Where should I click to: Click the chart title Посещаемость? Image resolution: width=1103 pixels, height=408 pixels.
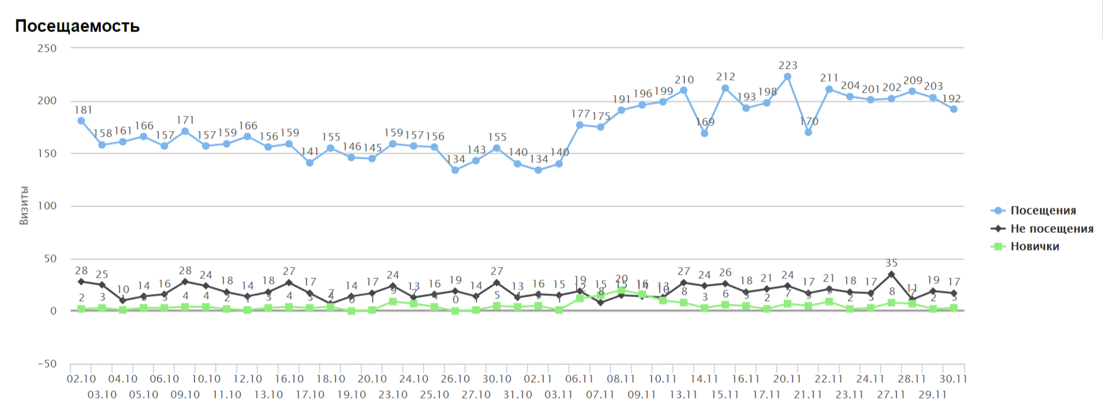point(77,26)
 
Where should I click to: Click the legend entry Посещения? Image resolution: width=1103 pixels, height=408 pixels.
point(1043,211)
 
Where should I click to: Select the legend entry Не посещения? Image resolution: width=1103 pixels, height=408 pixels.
point(1051,229)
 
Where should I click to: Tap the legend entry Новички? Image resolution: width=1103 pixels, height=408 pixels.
point(1034,246)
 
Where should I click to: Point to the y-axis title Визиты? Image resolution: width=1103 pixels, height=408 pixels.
point(24,205)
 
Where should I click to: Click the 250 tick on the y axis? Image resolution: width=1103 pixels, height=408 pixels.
point(47,48)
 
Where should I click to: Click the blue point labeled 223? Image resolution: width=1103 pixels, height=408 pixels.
point(788,77)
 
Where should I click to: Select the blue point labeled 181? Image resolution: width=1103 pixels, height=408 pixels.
point(81,121)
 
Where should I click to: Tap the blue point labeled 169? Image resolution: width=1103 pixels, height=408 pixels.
point(704,133)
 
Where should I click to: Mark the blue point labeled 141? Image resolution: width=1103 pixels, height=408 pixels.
point(310,162)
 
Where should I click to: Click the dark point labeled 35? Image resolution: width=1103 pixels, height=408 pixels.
point(891,275)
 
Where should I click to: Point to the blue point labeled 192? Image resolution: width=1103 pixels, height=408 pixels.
point(954,109)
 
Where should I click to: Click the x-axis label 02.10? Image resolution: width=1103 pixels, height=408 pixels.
point(81,379)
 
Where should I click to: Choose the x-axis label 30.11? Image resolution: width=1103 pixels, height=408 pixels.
point(954,379)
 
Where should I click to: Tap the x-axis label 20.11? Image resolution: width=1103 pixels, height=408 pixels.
point(788,379)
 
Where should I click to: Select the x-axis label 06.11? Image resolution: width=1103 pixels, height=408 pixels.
point(580,379)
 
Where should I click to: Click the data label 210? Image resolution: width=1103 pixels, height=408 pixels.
point(684,80)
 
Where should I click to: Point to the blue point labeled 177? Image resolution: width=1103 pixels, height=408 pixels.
point(580,125)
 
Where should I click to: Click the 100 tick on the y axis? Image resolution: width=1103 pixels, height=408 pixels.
point(47,206)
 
